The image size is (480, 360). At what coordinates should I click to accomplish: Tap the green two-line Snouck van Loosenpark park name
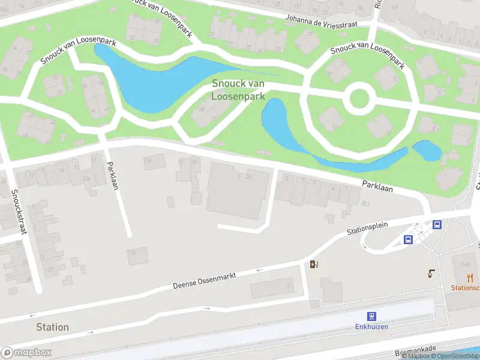tap(239, 90)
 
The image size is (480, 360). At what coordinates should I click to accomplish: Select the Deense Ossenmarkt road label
tap(204, 280)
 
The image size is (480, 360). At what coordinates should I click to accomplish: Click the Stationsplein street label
tap(368, 227)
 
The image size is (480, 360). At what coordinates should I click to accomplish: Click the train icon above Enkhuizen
tap(371, 316)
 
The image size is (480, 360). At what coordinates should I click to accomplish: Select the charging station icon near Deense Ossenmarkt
tap(313, 264)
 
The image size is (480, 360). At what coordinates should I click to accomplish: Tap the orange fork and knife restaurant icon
tap(470, 277)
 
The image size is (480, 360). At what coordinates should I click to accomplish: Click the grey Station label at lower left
tap(52, 327)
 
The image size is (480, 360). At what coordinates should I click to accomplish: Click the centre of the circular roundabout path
tap(358, 100)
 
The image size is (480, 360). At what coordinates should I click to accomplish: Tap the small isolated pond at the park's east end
tap(427, 151)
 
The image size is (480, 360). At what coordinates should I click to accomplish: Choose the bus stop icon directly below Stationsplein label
tap(408, 239)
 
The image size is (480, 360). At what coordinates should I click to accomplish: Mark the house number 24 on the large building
tap(247, 176)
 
